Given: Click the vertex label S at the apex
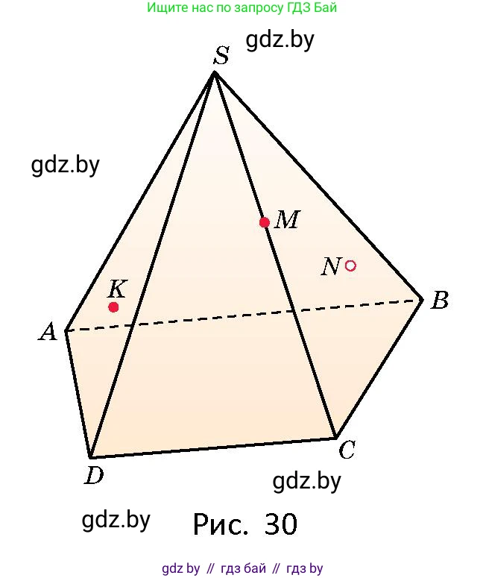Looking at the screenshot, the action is click(x=222, y=56).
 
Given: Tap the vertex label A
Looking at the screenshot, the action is click(x=48, y=332).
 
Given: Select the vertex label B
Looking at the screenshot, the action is click(x=440, y=300).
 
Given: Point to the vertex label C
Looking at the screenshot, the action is click(x=347, y=450).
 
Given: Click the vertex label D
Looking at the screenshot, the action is click(x=95, y=475).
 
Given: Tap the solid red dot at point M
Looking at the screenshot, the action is click(x=264, y=222).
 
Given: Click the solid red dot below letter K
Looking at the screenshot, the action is click(x=113, y=307).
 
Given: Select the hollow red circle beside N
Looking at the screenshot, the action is click(x=350, y=266).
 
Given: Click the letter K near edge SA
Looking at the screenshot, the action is click(x=118, y=289).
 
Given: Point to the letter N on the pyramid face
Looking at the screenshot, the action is click(x=330, y=266).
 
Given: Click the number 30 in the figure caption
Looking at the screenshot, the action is click(x=281, y=524).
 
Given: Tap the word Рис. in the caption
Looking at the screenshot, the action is click(x=221, y=524).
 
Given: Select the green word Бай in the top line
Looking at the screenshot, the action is click(x=325, y=7).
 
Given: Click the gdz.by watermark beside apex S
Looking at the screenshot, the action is click(x=280, y=40).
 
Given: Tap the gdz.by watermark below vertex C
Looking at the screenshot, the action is click(x=306, y=482).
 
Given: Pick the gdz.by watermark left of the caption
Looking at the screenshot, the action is click(x=116, y=520).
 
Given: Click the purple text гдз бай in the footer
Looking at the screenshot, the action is click(x=243, y=568).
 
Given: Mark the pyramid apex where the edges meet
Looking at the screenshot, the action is click(x=215, y=72).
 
